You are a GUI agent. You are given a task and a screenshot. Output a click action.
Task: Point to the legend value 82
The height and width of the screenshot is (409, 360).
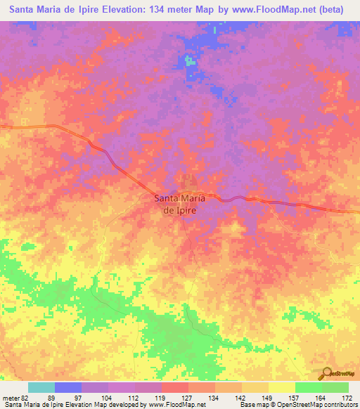29,397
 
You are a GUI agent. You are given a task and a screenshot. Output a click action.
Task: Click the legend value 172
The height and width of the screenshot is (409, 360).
347,397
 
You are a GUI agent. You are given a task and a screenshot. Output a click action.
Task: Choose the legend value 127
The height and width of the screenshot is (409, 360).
188,397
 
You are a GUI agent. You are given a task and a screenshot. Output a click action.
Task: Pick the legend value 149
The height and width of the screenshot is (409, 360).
268,397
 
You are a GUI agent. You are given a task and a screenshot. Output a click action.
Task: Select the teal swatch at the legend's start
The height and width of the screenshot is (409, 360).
41,387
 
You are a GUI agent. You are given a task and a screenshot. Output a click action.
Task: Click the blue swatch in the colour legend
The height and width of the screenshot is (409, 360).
68,387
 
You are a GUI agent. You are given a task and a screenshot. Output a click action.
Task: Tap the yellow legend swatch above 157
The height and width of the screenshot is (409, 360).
281,387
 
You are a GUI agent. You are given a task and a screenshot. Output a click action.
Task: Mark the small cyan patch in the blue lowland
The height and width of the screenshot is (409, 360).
189,60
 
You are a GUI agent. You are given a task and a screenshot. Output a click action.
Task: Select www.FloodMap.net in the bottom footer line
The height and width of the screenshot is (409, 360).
172,405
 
